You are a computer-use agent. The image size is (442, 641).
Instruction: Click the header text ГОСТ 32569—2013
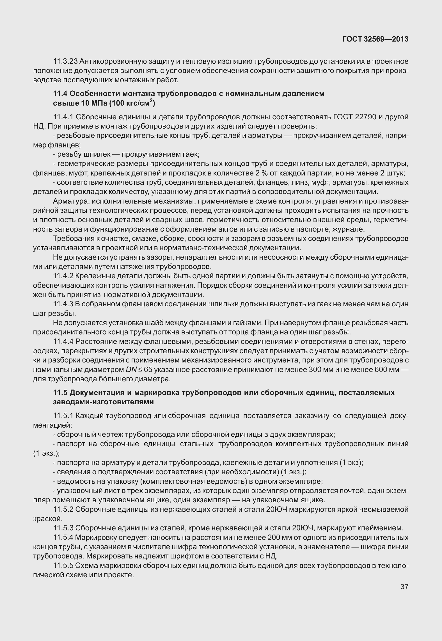(x=375, y=39)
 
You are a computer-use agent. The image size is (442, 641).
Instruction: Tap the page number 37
(x=404, y=587)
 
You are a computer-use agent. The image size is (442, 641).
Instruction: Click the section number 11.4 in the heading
(x=60, y=94)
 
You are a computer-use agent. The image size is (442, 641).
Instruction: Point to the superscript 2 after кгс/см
(x=151, y=101)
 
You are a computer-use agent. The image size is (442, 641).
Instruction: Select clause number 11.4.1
(x=63, y=117)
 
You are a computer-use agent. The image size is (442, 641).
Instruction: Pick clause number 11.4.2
(x=63, y=276)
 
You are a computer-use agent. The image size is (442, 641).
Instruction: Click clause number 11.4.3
(x=63, y=304)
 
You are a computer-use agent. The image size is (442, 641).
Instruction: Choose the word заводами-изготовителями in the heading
(x=103, y=402)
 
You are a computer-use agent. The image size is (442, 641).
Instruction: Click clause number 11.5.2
(x=63, y=509)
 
